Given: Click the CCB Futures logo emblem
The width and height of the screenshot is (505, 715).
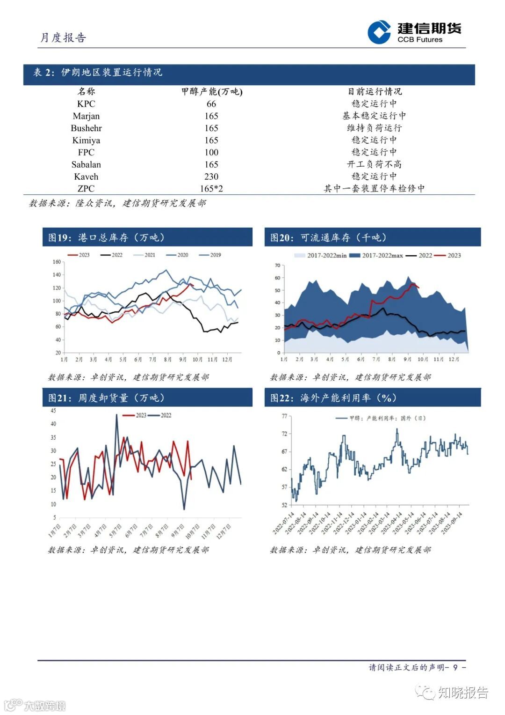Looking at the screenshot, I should point(379,32).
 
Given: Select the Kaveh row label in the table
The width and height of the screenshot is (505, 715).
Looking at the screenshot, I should point(86,177).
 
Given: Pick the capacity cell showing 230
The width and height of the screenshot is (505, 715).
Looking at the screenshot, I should point(211,177).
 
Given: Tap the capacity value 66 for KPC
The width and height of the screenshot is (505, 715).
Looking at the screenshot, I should point(211,104).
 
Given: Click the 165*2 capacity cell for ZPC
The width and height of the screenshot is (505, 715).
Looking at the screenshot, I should point(211,189).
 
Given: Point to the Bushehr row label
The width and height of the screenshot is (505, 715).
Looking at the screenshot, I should point(86,128).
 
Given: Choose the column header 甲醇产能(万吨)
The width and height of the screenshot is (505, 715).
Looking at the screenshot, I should point(212,92).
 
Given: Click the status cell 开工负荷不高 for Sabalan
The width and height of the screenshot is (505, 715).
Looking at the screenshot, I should point(374,164).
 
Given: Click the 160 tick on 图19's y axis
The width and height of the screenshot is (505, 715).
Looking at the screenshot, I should point(57,262).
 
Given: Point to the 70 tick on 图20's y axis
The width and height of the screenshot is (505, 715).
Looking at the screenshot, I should point(277,265).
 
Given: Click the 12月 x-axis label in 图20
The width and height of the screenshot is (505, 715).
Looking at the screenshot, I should point(454,360).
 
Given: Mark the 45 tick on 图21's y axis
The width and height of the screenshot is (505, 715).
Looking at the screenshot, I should point(53,411).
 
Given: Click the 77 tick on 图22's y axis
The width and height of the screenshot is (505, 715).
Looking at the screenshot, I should point(284,416).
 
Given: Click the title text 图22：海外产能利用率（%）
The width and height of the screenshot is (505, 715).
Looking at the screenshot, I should point(333,398).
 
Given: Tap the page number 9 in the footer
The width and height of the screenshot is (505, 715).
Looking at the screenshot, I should point(455,667).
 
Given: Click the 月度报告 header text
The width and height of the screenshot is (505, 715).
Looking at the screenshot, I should point(63,38).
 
